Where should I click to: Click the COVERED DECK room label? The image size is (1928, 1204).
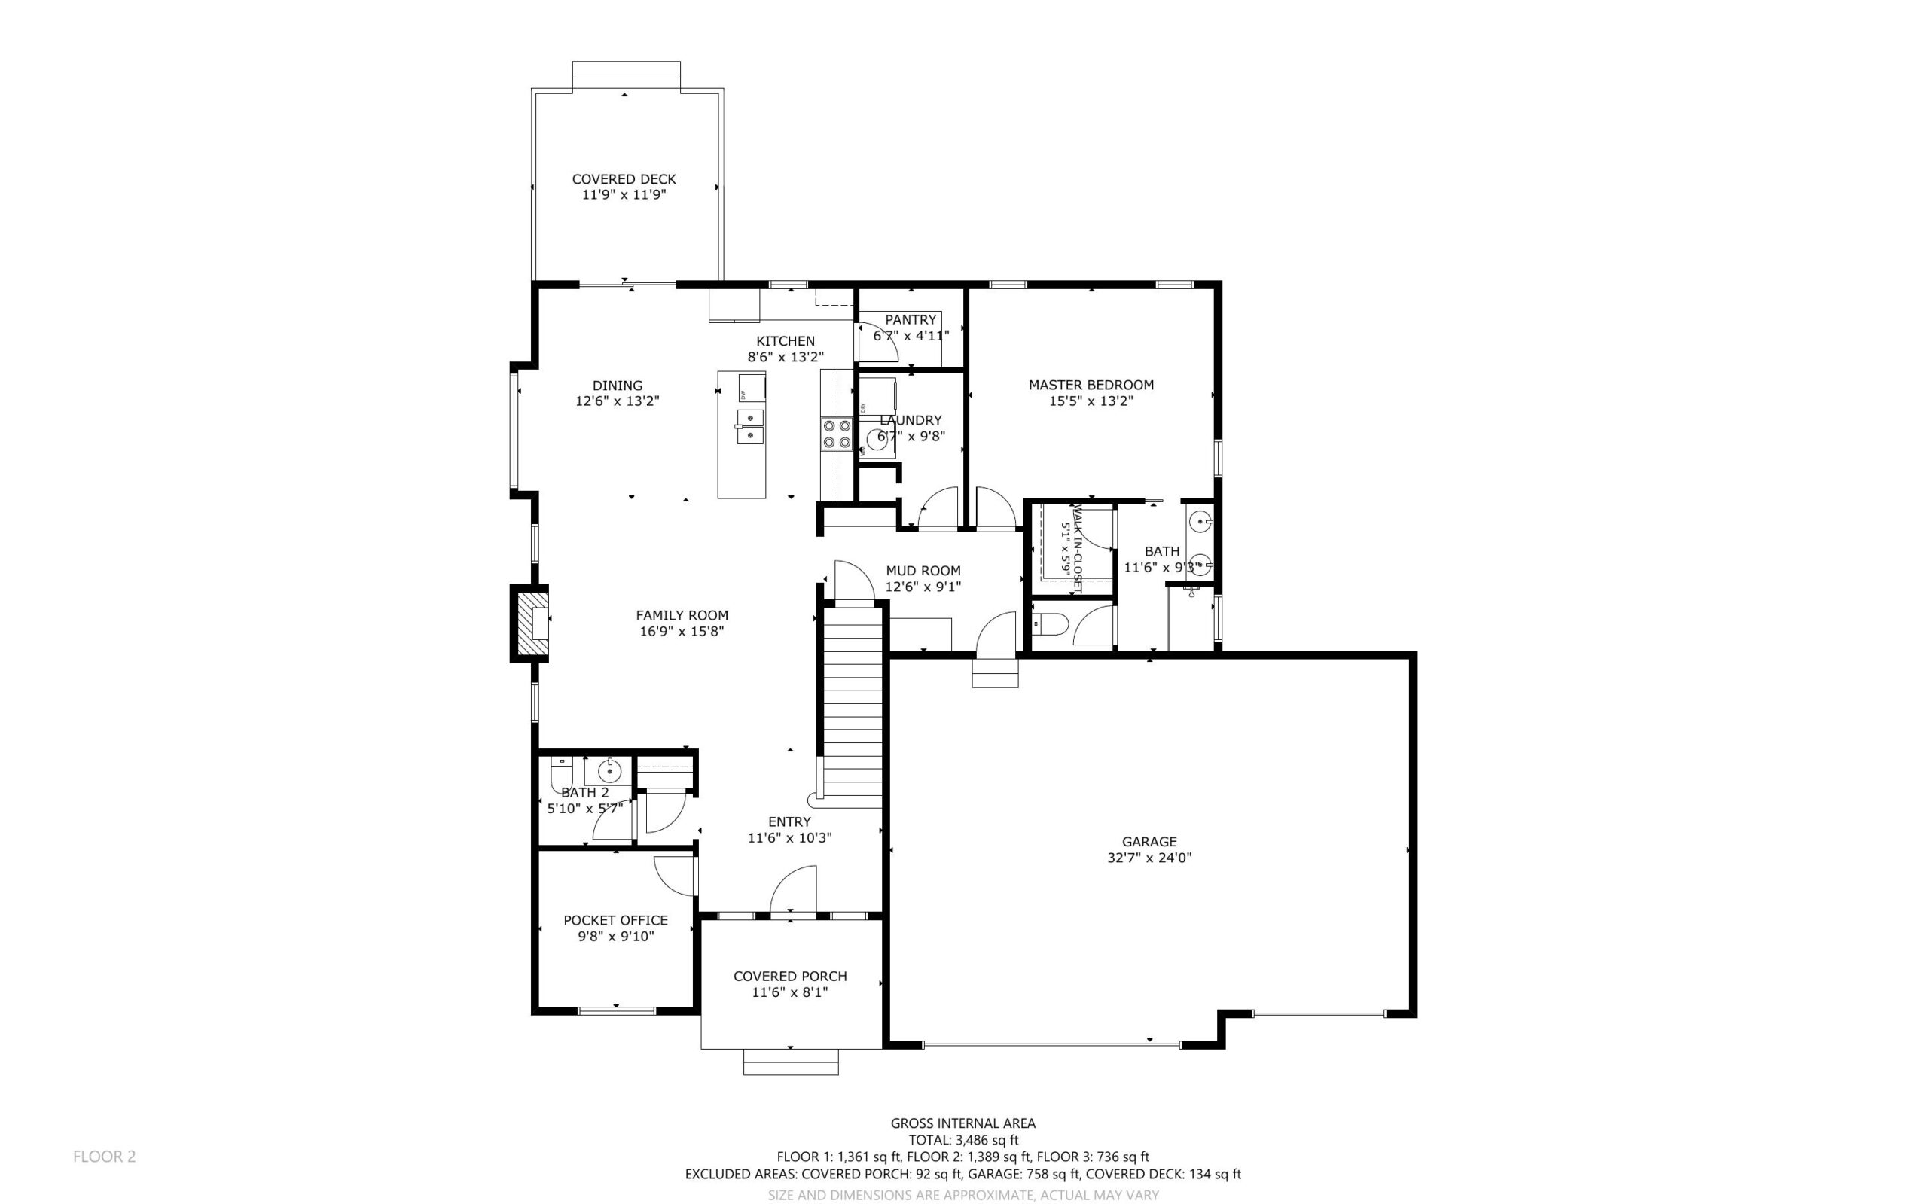pyautogui.click(x=624, y=179)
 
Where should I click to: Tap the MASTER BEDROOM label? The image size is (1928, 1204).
pyautogui.click(x=1091, y=385)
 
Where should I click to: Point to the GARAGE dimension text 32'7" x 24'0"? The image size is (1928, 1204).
pyautogui.click(x=1149, y=858)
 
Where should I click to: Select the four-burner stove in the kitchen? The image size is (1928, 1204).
pyautogui.click(x=836, y=434)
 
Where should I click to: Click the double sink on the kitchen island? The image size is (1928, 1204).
pyautogui.click(x=749, y=426)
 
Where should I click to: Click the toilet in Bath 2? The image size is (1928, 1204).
pyautogui.click(x=561, y=776)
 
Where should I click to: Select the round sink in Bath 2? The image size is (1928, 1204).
pyautogui.click(x=609, y=771)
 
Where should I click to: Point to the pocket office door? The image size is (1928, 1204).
pyautogui.click(x=674, y=876)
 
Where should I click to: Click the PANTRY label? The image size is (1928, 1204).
pyautogui.click(x=911, y=319)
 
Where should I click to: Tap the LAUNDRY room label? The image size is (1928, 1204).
pyautogui.click(x=911, y=419)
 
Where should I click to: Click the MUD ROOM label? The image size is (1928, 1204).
pyautogui.click(x=923, y=570)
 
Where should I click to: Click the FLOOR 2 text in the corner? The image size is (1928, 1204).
pyautogui.click(x=105, y=1157)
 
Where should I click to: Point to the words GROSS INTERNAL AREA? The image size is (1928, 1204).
pyautogui.click(x=962, y=1123)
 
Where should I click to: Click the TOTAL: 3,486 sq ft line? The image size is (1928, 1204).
pyautogui.click(x=962, y=1140)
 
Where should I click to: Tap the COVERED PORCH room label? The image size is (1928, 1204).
pyautogui.click(x=790, y=977)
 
